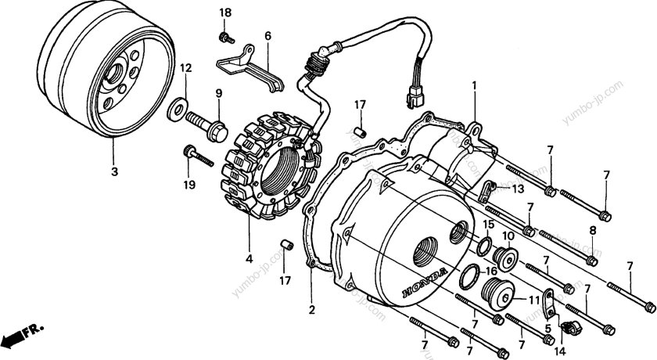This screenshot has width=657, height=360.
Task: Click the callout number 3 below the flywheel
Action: tap(115, 171)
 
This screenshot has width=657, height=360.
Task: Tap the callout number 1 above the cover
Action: tap(472, 84)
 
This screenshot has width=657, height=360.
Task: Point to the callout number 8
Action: tap(592, 230)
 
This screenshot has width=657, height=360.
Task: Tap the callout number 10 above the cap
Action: tap(508, 236)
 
